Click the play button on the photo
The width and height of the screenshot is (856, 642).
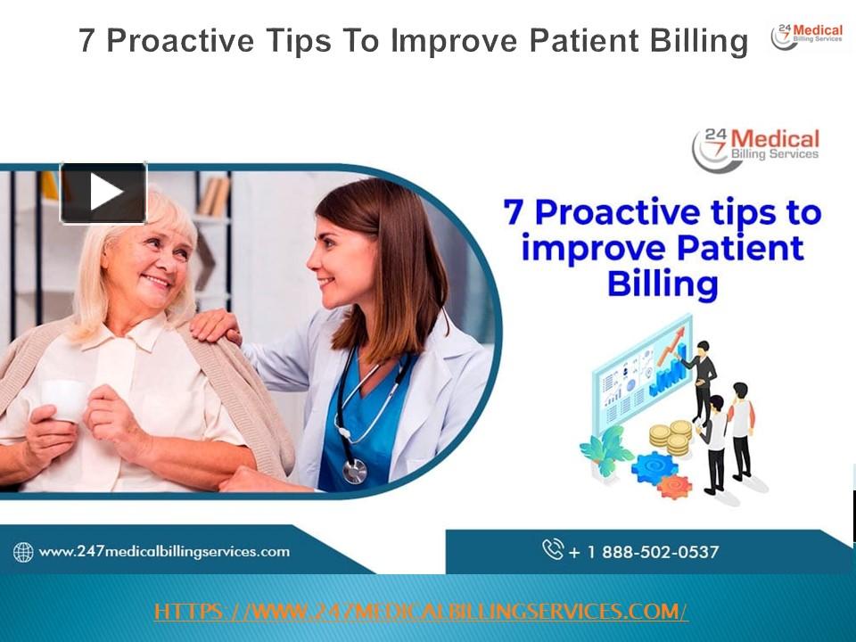pos(103,193)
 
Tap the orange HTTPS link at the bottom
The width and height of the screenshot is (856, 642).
pos(421,612)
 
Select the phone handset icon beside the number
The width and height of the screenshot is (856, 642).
pos(553,549)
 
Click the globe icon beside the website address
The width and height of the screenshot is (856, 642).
pos(23,553)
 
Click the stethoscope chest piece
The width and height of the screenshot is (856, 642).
pos(355,471)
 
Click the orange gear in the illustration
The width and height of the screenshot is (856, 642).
pos(674,486)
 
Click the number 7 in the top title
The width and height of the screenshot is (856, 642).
pos(86,41)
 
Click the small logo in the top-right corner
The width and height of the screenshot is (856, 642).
pos(807,37)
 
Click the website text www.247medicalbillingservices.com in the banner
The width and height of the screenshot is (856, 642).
pos(164,552)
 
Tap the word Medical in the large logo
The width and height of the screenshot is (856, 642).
pos(774,140)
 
